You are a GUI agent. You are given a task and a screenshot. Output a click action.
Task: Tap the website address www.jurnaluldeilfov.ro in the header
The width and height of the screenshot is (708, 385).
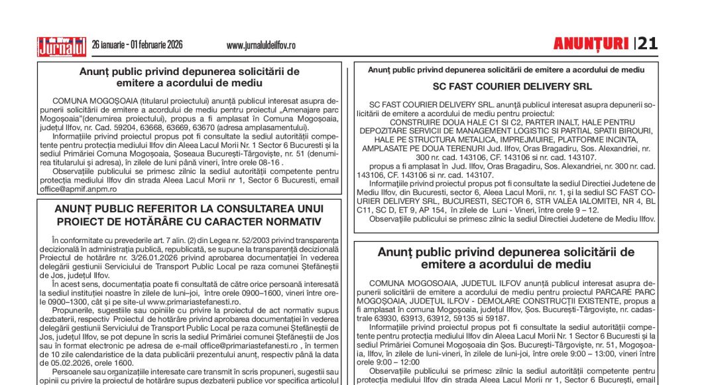261,46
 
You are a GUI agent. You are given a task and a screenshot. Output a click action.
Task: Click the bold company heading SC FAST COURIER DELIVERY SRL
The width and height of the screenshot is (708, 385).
512,86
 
